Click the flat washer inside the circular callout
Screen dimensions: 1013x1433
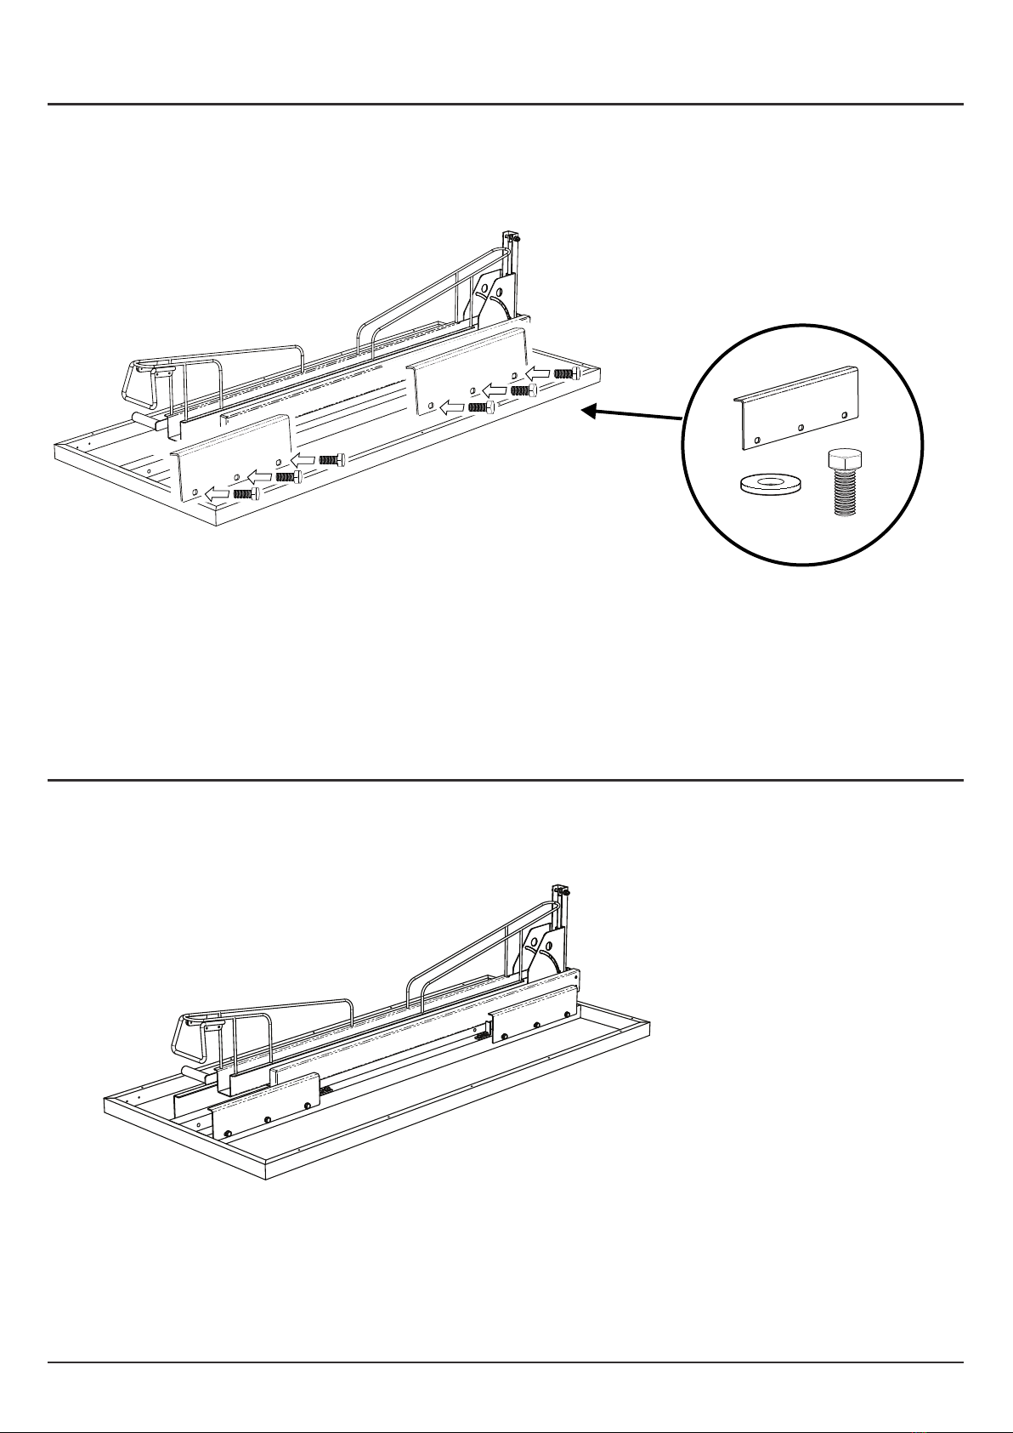[770, 484]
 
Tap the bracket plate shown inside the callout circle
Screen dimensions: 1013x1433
[796, 407]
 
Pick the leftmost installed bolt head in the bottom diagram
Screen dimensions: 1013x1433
[229, 1134]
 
